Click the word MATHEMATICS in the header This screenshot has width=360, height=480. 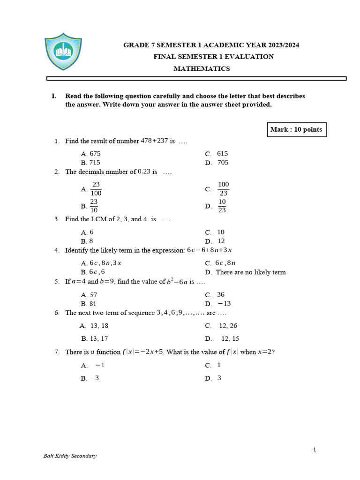pos(202,69)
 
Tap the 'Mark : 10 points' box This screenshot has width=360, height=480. pos(296,129)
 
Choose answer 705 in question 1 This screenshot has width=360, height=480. pos(223,163)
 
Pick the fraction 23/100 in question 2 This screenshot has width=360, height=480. pos(96,189)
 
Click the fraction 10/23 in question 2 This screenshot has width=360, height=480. pos(222,206)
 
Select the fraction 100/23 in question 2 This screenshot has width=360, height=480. pos(223,189)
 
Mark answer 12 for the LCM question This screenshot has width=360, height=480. pos(221,241)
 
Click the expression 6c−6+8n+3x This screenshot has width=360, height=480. pos(209,250)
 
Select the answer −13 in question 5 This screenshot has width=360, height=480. pos(224,304)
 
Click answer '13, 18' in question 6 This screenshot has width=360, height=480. pos(99,326)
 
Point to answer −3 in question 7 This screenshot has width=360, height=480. pos(94,378)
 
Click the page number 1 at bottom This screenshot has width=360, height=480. pos(315,450)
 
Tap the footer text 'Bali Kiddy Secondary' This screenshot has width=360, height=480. pos(70,456)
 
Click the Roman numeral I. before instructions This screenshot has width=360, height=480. pos(54,96)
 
